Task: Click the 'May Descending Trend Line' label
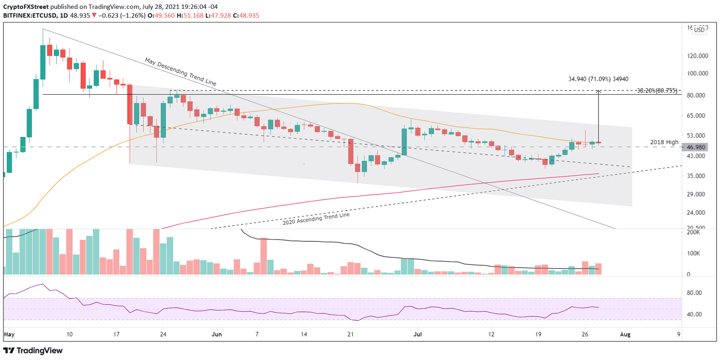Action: pyautogui.click(x=180, y=71)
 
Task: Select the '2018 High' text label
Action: pyautogui.click(x=664, y=142)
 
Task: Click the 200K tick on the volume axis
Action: pyautogui.click(x=693, y=232)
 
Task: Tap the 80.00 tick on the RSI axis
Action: pyautogui.click(x=693, y=292)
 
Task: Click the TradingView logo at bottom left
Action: pyautogui.click(x=33, y=351)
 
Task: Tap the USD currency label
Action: pyautogui.click(x=699, y=30)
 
